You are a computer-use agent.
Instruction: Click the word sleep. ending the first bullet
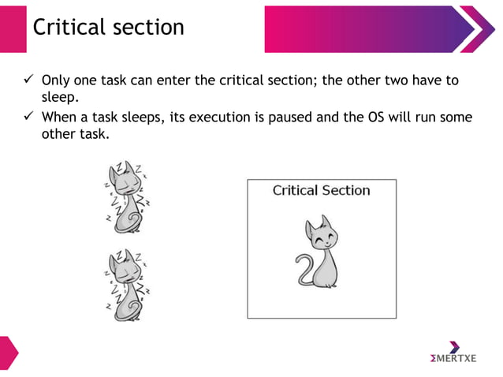58,97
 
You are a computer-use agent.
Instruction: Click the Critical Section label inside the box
321,190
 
